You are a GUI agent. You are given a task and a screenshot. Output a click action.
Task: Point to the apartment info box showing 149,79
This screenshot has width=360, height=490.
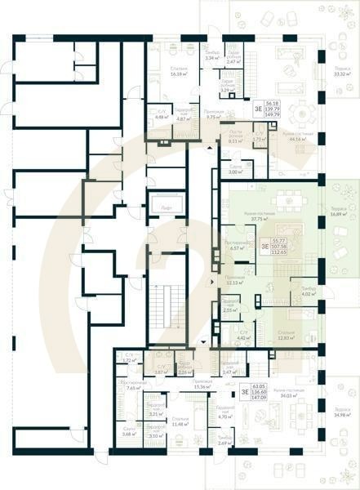259,109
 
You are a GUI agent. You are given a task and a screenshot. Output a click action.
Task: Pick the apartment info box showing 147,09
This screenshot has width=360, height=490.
259,392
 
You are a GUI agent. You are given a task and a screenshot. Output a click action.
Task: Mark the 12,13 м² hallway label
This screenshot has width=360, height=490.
235,280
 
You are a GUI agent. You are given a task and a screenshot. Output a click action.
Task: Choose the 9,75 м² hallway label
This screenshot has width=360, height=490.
215,114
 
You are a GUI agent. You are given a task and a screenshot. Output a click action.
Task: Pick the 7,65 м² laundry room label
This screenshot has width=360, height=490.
134,385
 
